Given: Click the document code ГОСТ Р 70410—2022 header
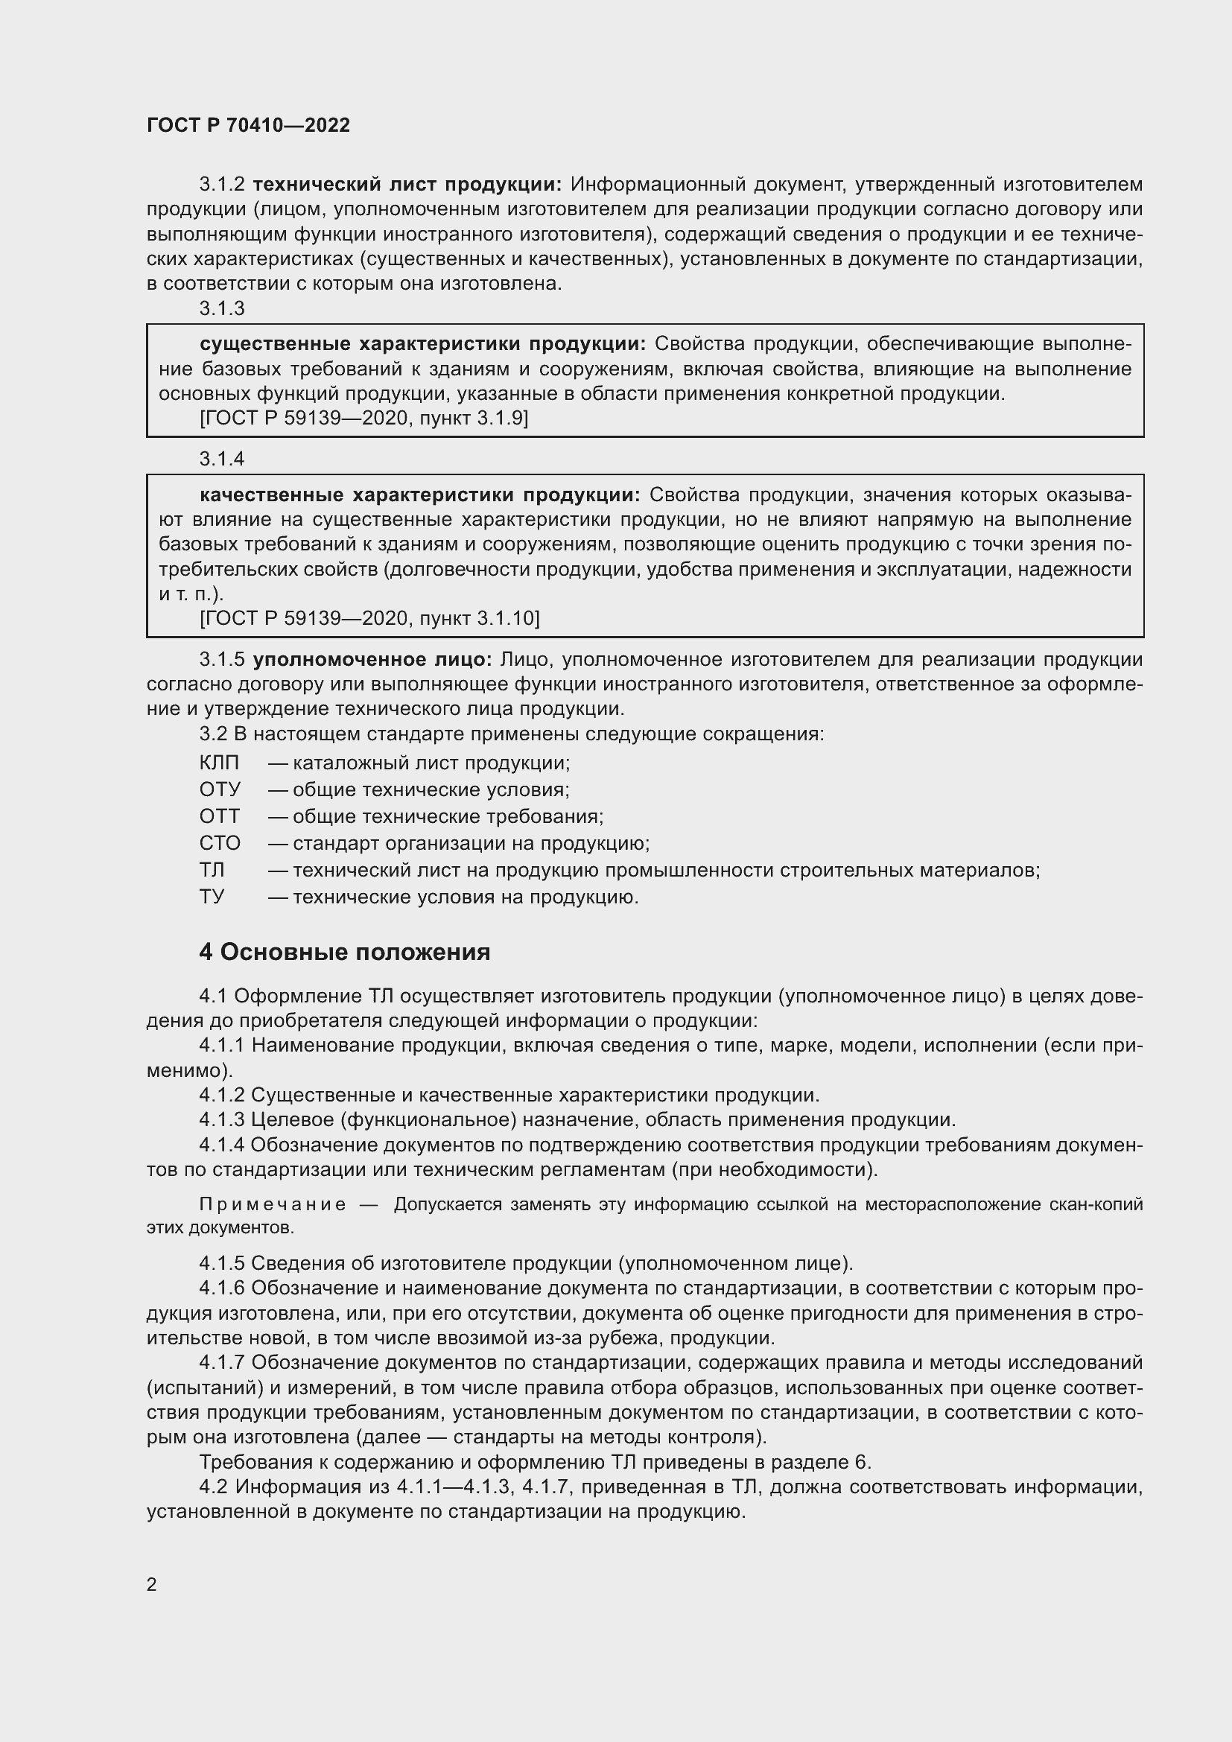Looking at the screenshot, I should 248,125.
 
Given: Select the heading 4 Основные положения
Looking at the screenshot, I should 344,953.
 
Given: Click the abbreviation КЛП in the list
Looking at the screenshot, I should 218,763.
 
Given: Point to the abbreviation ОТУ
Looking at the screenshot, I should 219,789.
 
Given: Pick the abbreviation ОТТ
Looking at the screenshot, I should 219,816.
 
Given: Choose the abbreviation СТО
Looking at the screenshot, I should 219,843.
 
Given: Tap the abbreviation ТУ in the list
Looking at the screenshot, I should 212,897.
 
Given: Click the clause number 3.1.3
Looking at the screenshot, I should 221,308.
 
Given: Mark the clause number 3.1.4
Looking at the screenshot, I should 221,458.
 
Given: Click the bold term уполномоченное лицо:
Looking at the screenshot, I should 372,659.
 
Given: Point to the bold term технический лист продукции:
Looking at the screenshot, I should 407,185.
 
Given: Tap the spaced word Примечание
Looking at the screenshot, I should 273,1205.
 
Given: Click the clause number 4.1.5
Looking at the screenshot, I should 221,1263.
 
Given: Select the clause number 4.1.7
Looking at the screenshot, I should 221,1363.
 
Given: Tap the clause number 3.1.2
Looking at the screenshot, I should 221,185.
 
